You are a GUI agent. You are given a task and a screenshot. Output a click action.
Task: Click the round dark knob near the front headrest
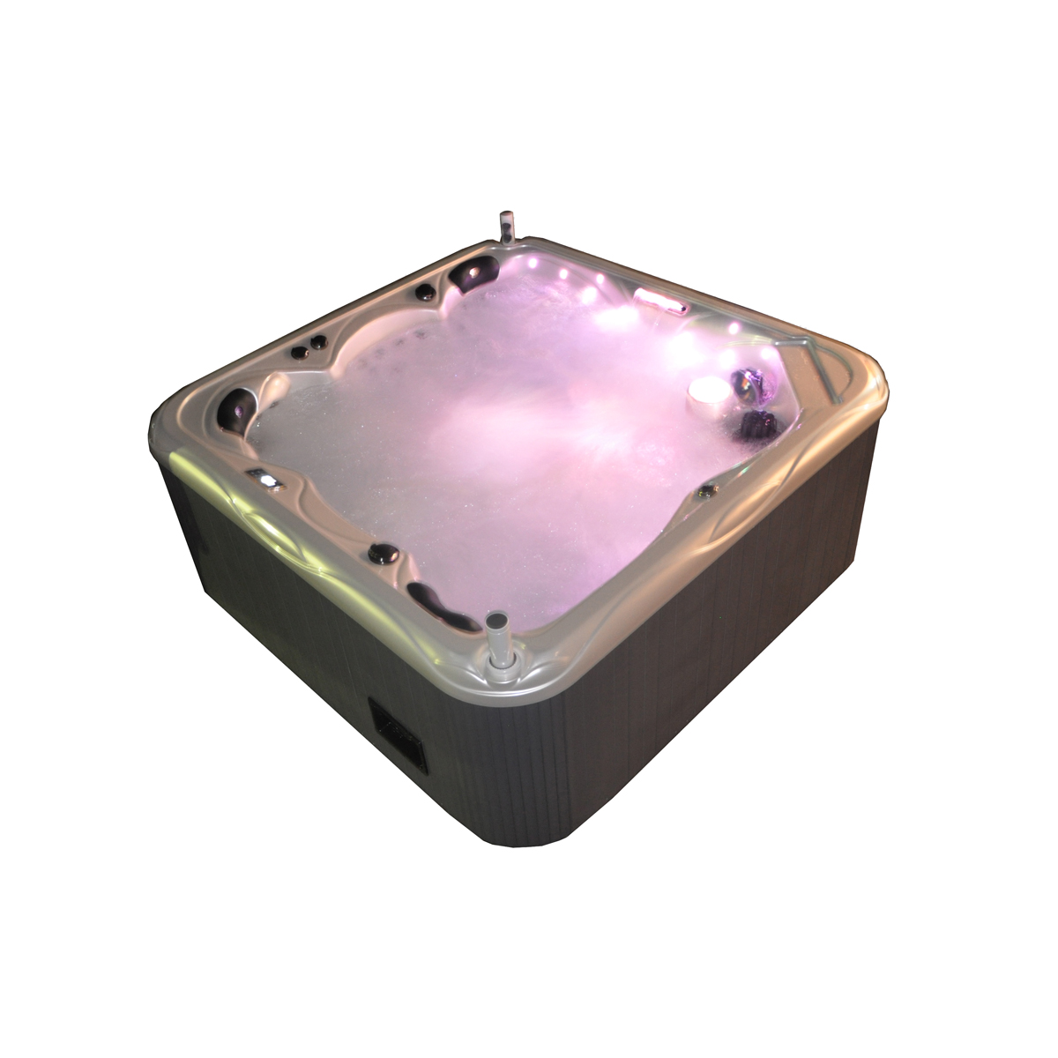[x=384, y=555]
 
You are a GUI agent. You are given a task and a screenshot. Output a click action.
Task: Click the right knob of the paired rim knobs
[x=313, y=342]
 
